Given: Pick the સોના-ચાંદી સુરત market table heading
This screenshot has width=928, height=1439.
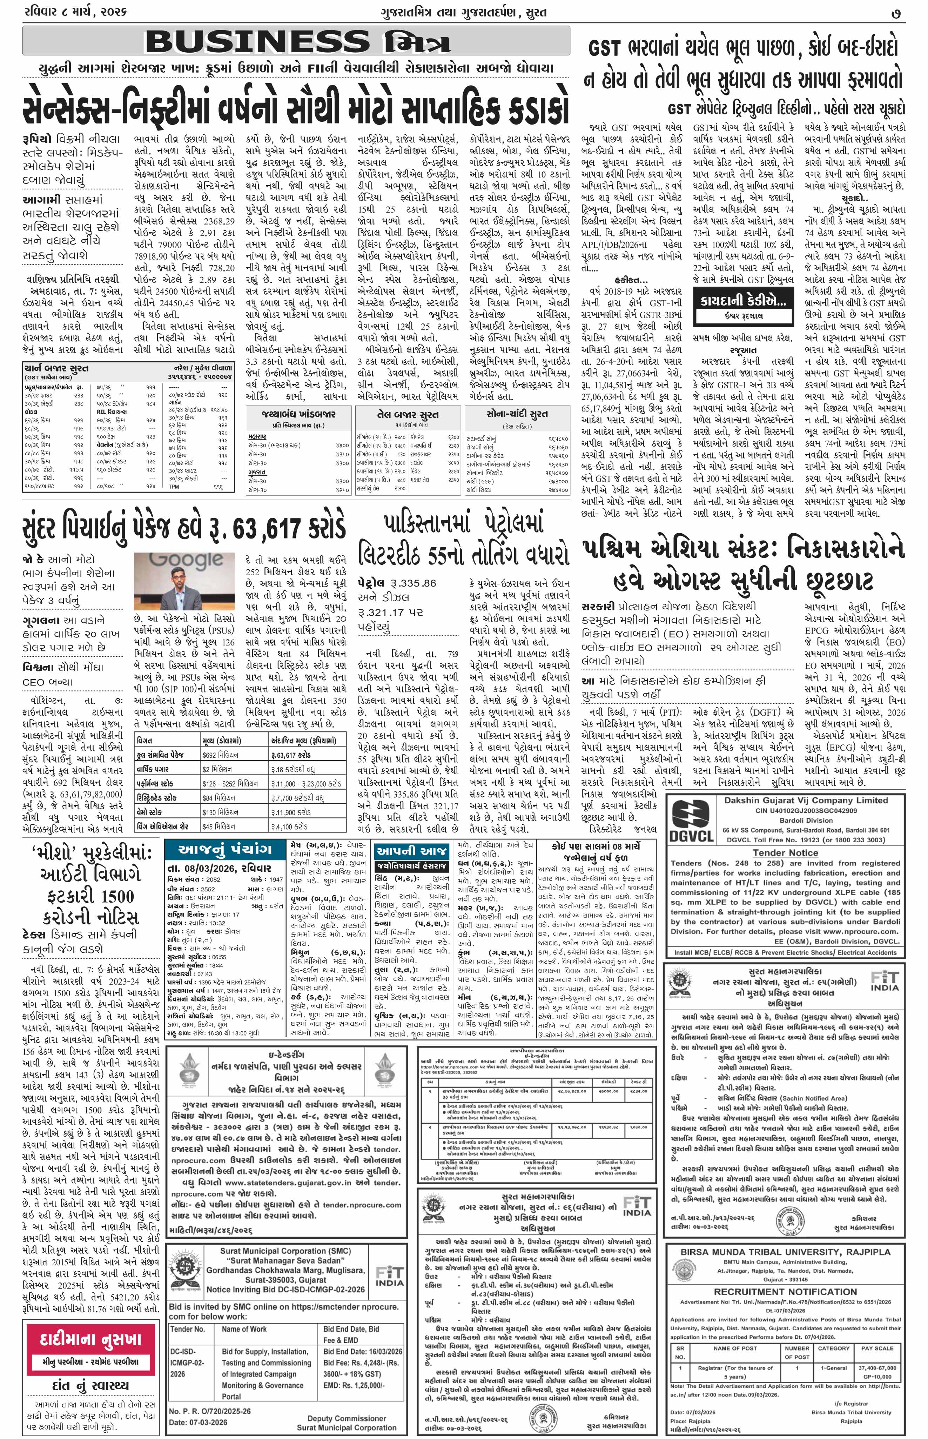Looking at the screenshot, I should (x=517, y=414).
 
